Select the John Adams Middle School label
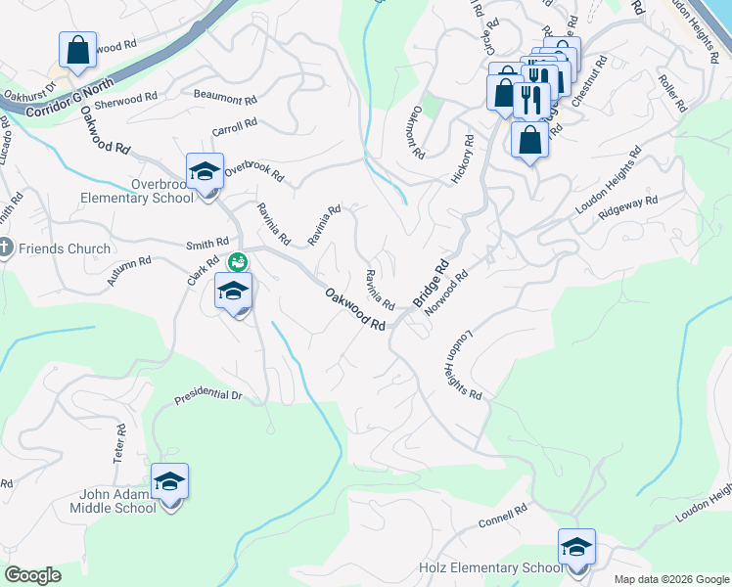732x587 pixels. point(113,500)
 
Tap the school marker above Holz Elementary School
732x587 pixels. point(577,548)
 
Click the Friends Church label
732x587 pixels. point(63,248)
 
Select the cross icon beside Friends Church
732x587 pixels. point(6,248)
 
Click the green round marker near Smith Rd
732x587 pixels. point(237,262)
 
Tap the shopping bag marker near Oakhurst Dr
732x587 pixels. point(77,50)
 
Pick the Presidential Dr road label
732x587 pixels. point(207,396)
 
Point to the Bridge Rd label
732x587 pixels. point(431,285)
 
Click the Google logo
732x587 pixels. point(33,575)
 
